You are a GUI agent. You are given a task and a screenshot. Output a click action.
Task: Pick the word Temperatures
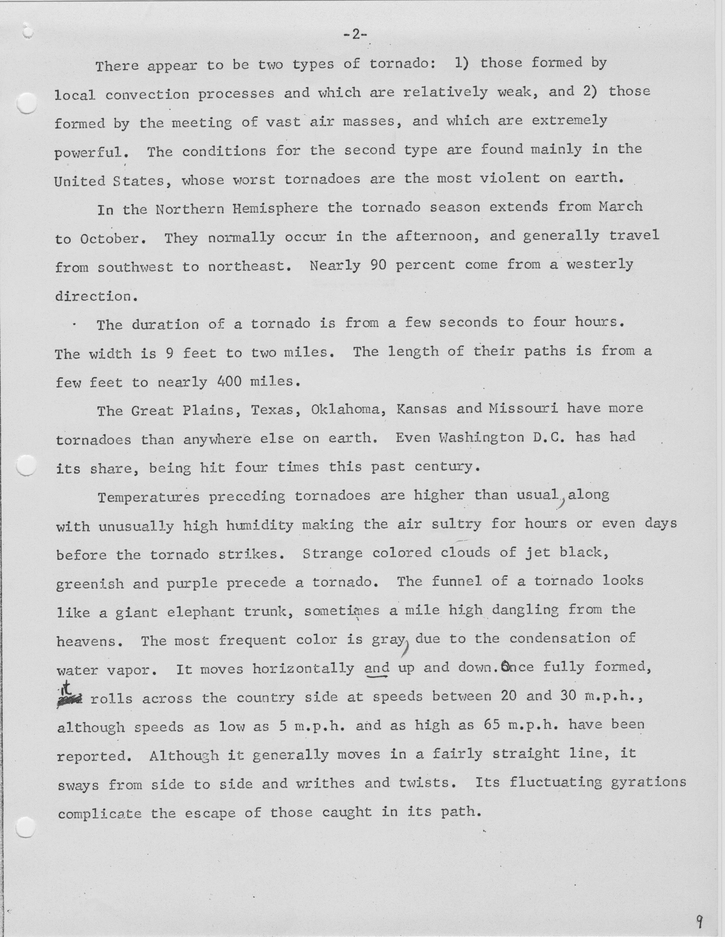click(x=148, y=497)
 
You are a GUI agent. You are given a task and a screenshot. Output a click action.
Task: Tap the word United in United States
click(x=79, y=181)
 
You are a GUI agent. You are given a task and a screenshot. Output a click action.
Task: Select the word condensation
click(x=560, y=639)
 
